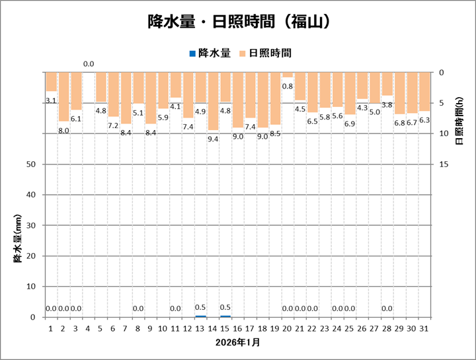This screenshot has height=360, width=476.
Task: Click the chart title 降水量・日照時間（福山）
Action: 238,22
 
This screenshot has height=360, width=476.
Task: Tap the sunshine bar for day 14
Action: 213,101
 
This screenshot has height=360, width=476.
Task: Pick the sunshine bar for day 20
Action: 288,75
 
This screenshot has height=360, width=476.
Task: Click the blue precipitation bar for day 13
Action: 200,316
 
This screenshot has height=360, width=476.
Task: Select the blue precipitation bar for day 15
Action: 225,316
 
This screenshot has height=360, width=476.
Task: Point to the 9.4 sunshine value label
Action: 213,139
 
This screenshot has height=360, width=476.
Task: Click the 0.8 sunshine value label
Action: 288,86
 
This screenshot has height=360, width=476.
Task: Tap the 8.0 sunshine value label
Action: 63,130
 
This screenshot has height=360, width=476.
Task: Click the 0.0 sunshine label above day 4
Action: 89,64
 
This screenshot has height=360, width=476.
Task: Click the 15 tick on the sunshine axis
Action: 444,164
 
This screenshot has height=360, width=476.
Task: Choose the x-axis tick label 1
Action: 51,328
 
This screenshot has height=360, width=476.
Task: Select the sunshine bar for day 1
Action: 51,82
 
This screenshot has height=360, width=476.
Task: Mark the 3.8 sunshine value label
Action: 387,104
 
